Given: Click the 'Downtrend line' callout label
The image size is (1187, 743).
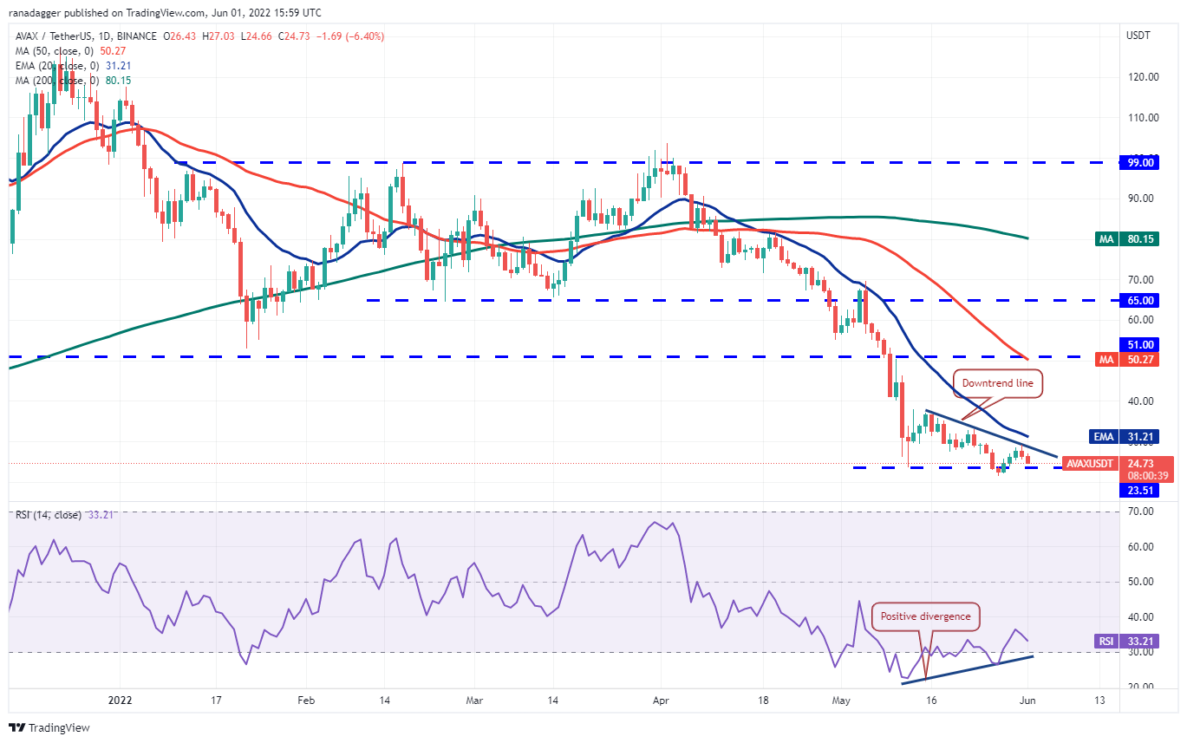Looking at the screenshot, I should click(x=997, y=383).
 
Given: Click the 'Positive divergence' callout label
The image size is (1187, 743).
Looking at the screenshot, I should click(x=926, y=617).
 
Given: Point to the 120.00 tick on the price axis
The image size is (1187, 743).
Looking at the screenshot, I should click(x=1140, y=76).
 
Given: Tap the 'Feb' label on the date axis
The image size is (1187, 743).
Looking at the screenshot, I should click(x=304, y=700).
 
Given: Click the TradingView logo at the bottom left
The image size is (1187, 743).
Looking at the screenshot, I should click(x=50, y=727).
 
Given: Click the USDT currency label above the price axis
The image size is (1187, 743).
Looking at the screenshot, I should click(x=1137, y=36).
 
